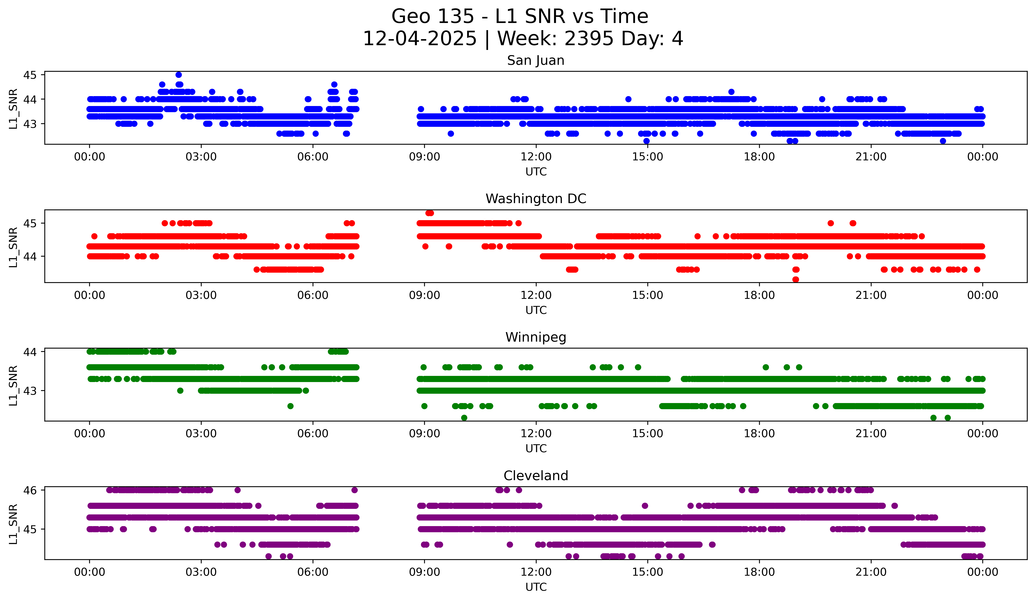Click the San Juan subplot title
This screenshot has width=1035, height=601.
click(x=536, y=60)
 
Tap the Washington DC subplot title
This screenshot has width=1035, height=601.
click(x=536, y=199)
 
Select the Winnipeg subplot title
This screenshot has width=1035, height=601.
click(x=536, y=337)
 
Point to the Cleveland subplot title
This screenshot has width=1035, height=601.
click(x=536, y=476)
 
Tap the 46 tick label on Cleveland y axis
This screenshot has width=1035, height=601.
click(x=30, y=490)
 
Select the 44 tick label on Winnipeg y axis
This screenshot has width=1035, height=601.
click(x=30, y=352)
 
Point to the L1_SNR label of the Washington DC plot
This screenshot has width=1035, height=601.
click(x=13, y=247)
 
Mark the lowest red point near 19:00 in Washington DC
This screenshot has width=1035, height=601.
click(x=796, y=279)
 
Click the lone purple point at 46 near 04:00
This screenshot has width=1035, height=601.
click(x=237, y=490)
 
